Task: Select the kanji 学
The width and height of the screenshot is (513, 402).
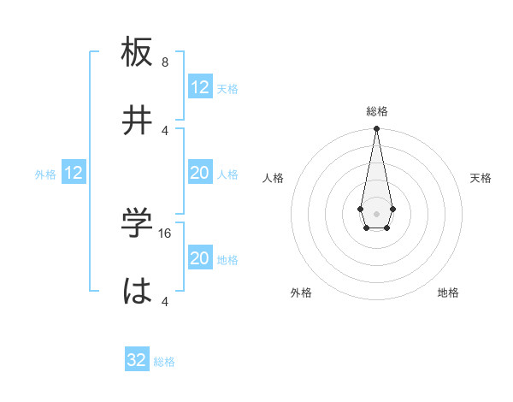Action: pyautogui.click(x=138, y=223)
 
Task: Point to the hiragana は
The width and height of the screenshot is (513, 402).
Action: pyautogui.click(x=138, y=291)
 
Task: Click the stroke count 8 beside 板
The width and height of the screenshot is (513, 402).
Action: pyautogui.click(x=165, y=62)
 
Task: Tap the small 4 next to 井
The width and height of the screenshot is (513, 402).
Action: pyautogui.click(x=165, y=130)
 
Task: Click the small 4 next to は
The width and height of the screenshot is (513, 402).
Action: pyautogui.click(x=165, y=301)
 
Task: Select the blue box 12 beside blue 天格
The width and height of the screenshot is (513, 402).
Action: pyautogui.click(x=200, y=87)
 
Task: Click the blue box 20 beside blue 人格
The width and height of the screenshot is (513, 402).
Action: pyautogui.click(x=200, y=173)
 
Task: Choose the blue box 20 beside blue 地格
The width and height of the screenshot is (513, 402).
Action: pyautogui.click(x=200, y=258)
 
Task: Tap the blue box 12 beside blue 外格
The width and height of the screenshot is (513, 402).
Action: pyautogui.click(x=74, y=173)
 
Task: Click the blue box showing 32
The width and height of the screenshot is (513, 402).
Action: pyautogui.click(x=137, y=360)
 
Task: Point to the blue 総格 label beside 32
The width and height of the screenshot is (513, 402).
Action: pyautogui.click(x=164, y=362)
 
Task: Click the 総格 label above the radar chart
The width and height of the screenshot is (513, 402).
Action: pyautogui.click(x=376, y=111)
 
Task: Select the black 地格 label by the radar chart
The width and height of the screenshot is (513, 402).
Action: pyautogui.click(x=448, y=293)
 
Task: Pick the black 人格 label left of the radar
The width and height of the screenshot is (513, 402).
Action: pyautogui.click(x=274, y=178)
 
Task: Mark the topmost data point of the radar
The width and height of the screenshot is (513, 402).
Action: pyautogui.click(x=376, y=129)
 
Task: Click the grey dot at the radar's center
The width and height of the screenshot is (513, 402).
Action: pyautogui.click(x=376, y=212)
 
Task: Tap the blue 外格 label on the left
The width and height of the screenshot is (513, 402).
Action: pyautogui.click(x=45, y=174)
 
